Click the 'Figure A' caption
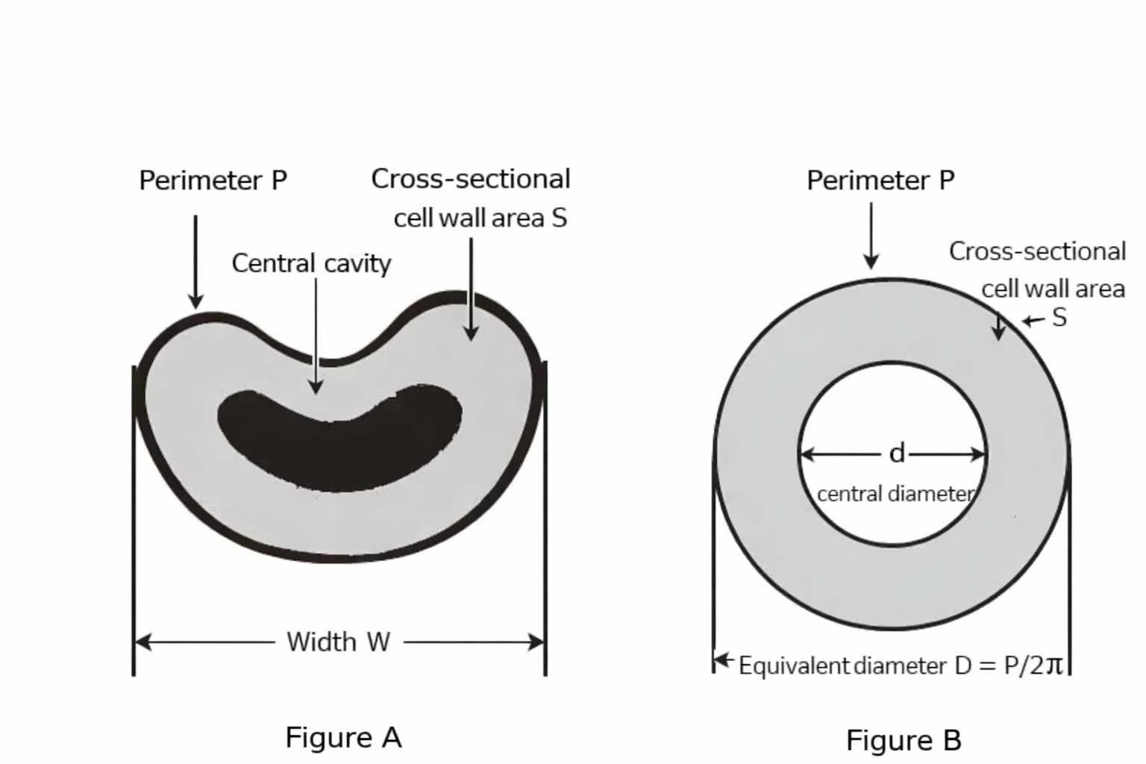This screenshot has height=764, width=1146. pyautogui.click(x=343, y=737)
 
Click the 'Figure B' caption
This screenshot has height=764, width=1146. pyautogui.click(x=904, y=740)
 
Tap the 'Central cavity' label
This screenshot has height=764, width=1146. pyautogui.click(x=311, y=263)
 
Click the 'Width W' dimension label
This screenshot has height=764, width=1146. pyautogui.click(x=338, y=642)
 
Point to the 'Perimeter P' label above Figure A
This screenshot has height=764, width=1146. pyautogui.click(x=213, y=181)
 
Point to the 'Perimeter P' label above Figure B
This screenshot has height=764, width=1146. pyautogui.click(x=880, y=181)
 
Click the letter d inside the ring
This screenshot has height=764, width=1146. pyautogui.click(x=897, y=453)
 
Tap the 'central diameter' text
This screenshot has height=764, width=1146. pyautogui.click(x=895, y=494)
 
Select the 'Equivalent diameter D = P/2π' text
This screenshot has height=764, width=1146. pyautogui.click(x=900, y=665)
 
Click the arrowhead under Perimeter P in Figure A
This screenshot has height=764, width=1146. pyautogui.click(x=195, y=301)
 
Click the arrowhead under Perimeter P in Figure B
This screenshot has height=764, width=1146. pyautogui.click(x=871, y=261)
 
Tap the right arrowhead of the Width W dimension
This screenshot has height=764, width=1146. pyautogui.click(x=536, y=642)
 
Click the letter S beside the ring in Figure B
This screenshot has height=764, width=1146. pyautogui.click(x=1059, y=318)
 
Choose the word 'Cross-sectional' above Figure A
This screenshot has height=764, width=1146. pyautogui.click(x=471, y=179)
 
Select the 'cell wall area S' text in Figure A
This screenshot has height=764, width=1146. pyautogui.click(x=480, y=218)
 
